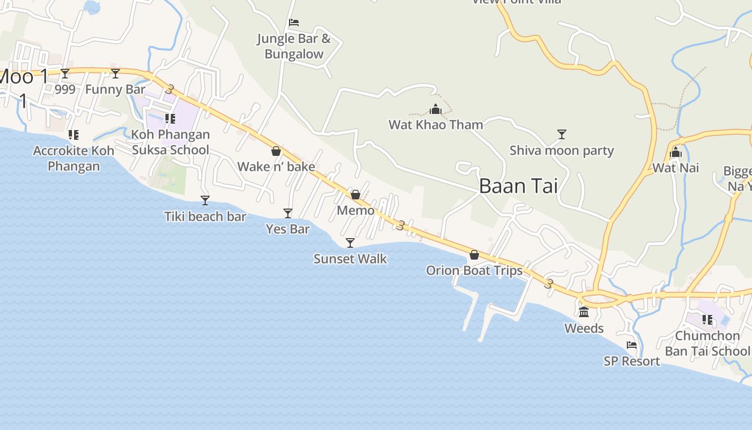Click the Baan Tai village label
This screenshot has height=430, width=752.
(x=518, y=186)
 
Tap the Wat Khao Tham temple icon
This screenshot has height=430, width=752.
(x=436, y=110)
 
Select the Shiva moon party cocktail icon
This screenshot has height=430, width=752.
(x=562, y=134)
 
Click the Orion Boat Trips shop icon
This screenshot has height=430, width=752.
(x=474, y=254)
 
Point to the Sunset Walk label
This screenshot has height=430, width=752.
(x=350, y=259)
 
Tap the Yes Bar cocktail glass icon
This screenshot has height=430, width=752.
(x=288, y=213)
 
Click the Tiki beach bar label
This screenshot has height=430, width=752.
(x=205, y=217)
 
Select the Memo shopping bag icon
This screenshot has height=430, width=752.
(x=356, y=195)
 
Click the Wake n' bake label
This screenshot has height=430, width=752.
(x=276, y=167)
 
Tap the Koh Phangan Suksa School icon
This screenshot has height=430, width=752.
(x=170, y=118)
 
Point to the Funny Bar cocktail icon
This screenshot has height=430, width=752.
(x=115, y=74)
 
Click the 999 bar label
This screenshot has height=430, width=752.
(x=65, y=89)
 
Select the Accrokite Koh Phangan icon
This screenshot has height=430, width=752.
(x=74, y=134)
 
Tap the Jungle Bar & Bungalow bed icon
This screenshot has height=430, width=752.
(x=294, y=23)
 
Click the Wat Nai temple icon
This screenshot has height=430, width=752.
(x=676, y=152)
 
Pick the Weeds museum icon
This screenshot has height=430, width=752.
(x=584, y=312)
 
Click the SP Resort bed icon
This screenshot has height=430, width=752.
(x=632, y=345)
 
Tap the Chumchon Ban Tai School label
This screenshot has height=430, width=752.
(x=707, y=343)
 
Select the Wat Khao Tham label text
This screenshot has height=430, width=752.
(x=436, y=125)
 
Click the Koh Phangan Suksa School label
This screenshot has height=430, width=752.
(x=170, y=142)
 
